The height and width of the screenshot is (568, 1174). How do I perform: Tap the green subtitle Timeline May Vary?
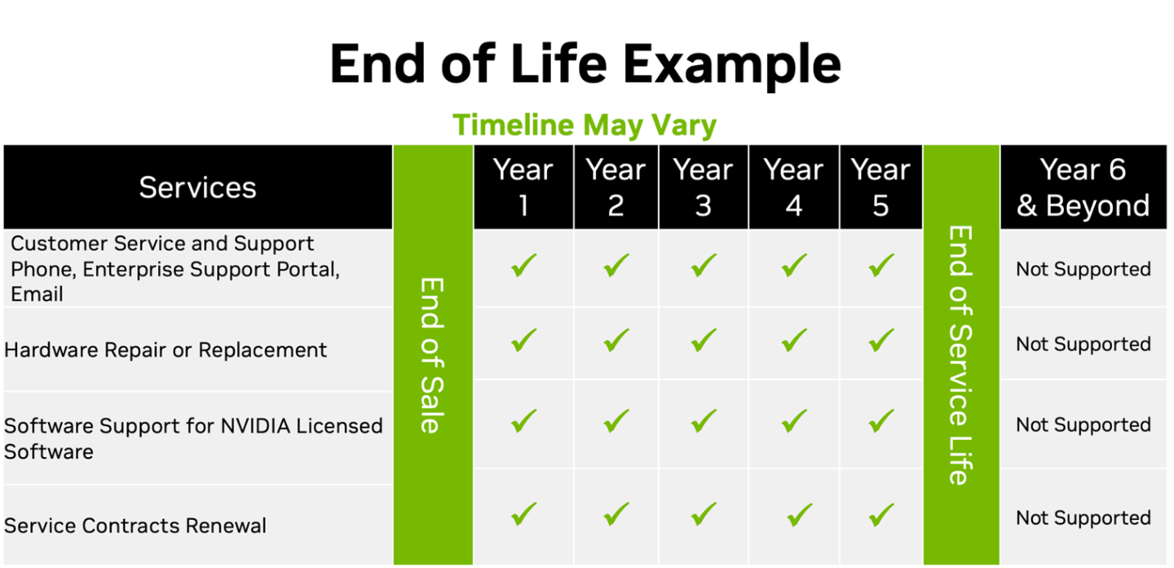[585, 125]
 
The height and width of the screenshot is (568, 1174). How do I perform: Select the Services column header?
[197, 187]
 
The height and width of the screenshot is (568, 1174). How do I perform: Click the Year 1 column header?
[523, 187]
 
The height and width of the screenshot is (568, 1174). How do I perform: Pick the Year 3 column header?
[703, 187]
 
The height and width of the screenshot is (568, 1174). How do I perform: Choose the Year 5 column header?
[880, 187]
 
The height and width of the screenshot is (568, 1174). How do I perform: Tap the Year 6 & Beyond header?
[1084, 187]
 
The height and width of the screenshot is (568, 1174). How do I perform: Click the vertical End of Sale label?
[432, 355]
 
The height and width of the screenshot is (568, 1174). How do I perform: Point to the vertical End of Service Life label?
[960, 355]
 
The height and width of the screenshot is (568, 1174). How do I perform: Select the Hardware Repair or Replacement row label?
[166, 350]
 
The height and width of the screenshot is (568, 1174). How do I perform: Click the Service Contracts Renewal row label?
[135, 526]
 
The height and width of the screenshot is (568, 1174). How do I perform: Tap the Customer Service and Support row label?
[175, 269]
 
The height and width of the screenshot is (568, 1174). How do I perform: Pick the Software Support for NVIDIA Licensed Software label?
[193, 438]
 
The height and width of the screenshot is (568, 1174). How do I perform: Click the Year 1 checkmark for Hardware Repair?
[523, 341]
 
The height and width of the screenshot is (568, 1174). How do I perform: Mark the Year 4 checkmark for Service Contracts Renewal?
[800, 514]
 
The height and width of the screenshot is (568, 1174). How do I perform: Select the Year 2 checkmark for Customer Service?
[616, 265]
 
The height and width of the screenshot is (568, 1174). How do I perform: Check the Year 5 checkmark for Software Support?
[881, 421]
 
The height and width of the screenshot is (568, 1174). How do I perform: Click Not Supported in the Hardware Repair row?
[1084, 344]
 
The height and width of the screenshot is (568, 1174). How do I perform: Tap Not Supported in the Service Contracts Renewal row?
[1084, 518]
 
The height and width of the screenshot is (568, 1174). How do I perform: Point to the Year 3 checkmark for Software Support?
[704, 421]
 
